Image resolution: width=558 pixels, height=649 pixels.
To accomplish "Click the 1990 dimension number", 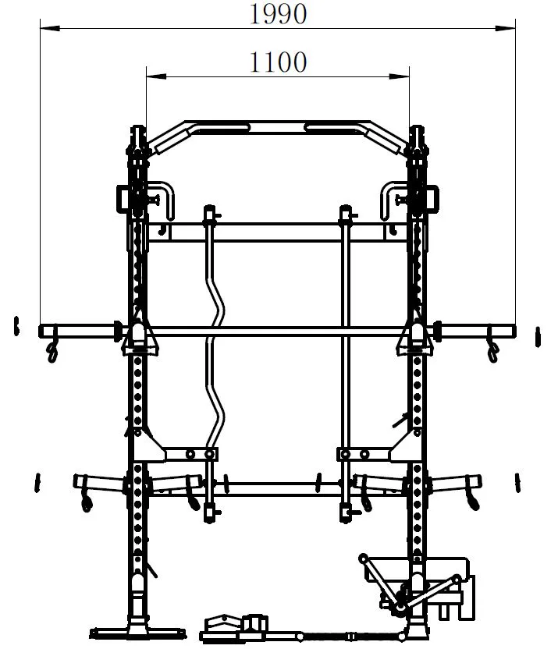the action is (x=278, y=14).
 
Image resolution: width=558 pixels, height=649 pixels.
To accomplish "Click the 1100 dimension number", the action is (x=278, y=62).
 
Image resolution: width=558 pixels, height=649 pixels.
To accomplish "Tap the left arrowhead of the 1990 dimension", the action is (x=50, y=28).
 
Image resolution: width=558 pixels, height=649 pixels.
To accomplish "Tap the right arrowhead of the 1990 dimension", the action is (x=506, y=28).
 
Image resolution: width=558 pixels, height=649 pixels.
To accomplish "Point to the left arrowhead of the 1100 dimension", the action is (x=156, y=76).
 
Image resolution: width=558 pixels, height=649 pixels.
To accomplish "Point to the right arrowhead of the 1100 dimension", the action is (x=400, y=76).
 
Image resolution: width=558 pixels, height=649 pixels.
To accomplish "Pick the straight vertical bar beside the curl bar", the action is (x=346, y=364).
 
